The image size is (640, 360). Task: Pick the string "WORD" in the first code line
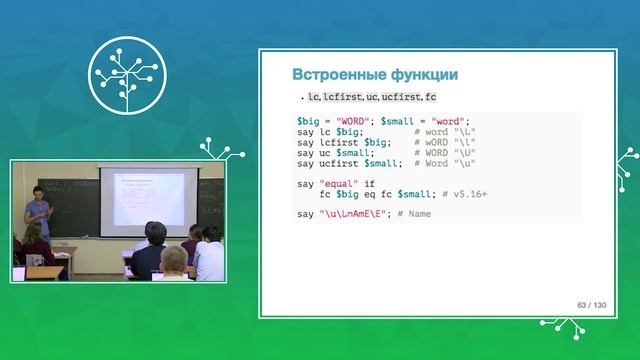350,120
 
